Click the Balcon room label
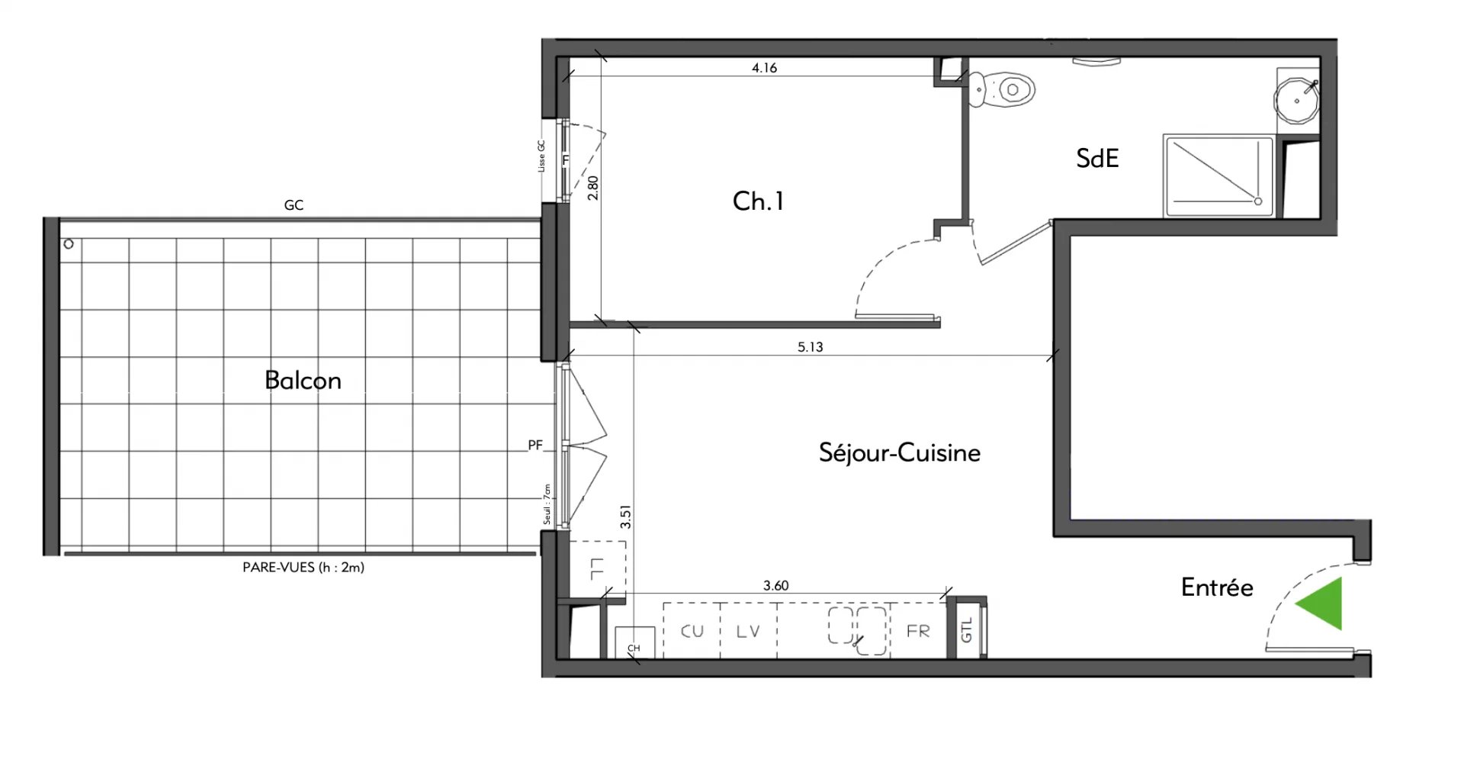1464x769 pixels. [x=303, y=380]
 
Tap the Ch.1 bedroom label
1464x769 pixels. [x=758, y=201]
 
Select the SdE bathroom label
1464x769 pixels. [x=1097, y=158]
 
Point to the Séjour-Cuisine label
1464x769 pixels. [x=900, y=452]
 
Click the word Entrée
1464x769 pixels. [x=1217, y=587]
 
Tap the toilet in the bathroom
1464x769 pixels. [x=1005, y=89]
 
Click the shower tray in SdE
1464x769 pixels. [x=1218, y=176]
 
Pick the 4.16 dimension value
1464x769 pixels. [x=764, y=68]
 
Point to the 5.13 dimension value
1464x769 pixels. [x=810, y=347]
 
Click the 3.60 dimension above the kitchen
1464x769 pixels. [x=775, y=586]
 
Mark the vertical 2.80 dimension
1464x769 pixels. [x=593, y=188]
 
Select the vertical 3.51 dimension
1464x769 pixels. [x=625, y=516]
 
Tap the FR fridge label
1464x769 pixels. [x=918, y=632]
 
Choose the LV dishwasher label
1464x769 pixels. [x=748, y=632]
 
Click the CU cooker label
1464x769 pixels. [x=692, y=632]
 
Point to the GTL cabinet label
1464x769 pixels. [x=967, y=630]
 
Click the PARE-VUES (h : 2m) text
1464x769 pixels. [x=303, y=568]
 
